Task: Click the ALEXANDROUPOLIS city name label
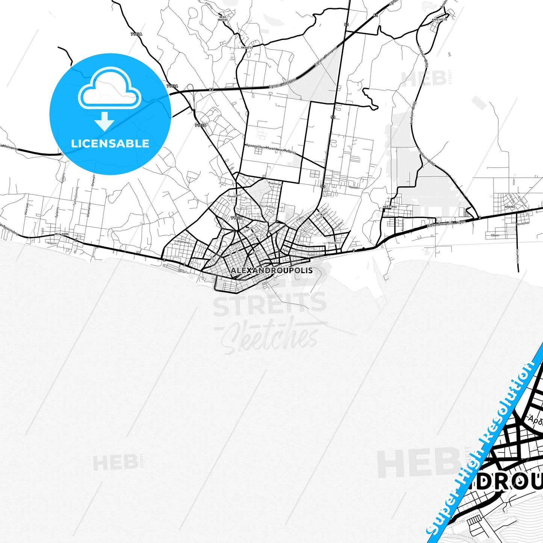click(271, 271)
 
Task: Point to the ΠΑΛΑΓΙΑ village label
click(247, 48)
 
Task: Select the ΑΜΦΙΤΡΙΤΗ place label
click(439, 20)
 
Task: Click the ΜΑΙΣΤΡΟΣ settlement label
click(390, 207)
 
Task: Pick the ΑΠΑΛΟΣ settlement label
click(510, 207)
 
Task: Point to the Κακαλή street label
click(354, 187)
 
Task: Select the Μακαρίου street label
click(334, 243)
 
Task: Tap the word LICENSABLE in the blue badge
click(110, 144)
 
